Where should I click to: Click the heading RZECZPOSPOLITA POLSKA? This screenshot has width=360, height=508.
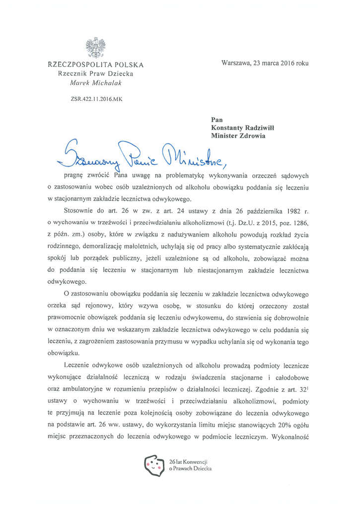(96, 64)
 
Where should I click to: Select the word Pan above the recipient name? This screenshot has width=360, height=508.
(217, 119)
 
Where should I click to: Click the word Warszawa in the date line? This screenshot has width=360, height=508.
(236, 63)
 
